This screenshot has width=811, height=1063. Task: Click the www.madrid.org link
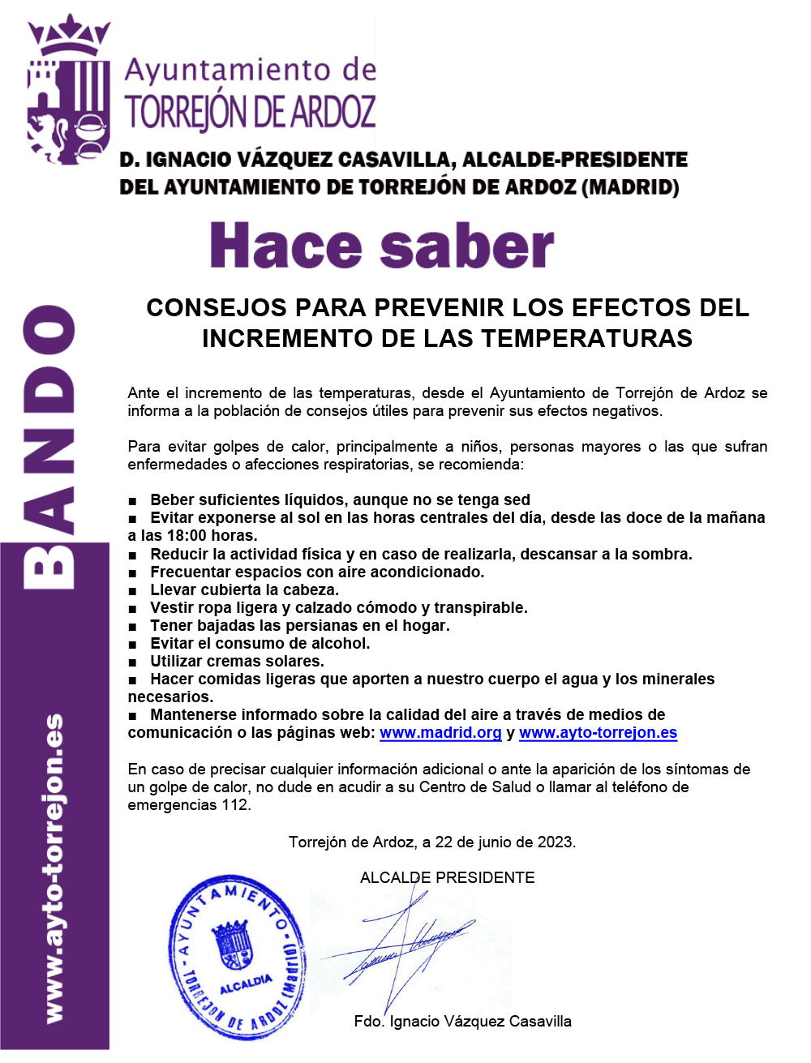pos(440,733)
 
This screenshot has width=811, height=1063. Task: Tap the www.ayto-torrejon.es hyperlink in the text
pos(598,733)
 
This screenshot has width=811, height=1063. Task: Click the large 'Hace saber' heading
pos(381,247)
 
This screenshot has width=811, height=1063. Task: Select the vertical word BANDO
pos(50,447)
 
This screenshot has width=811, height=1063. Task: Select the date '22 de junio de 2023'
pos(504,842)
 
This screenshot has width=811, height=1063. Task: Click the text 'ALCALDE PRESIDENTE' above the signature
pos(447,878)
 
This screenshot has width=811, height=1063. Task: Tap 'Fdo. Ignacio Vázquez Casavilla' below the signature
pos(462,1022)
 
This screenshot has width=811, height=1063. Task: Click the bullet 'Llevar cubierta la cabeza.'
pos(244,590)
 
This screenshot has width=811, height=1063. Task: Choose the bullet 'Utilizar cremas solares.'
pos(237,662)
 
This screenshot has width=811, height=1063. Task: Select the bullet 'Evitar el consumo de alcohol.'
pos(260,644)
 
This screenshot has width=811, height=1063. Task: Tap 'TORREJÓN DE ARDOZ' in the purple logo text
pos(251,112)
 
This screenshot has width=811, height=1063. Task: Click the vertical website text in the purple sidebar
pos(54,868)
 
